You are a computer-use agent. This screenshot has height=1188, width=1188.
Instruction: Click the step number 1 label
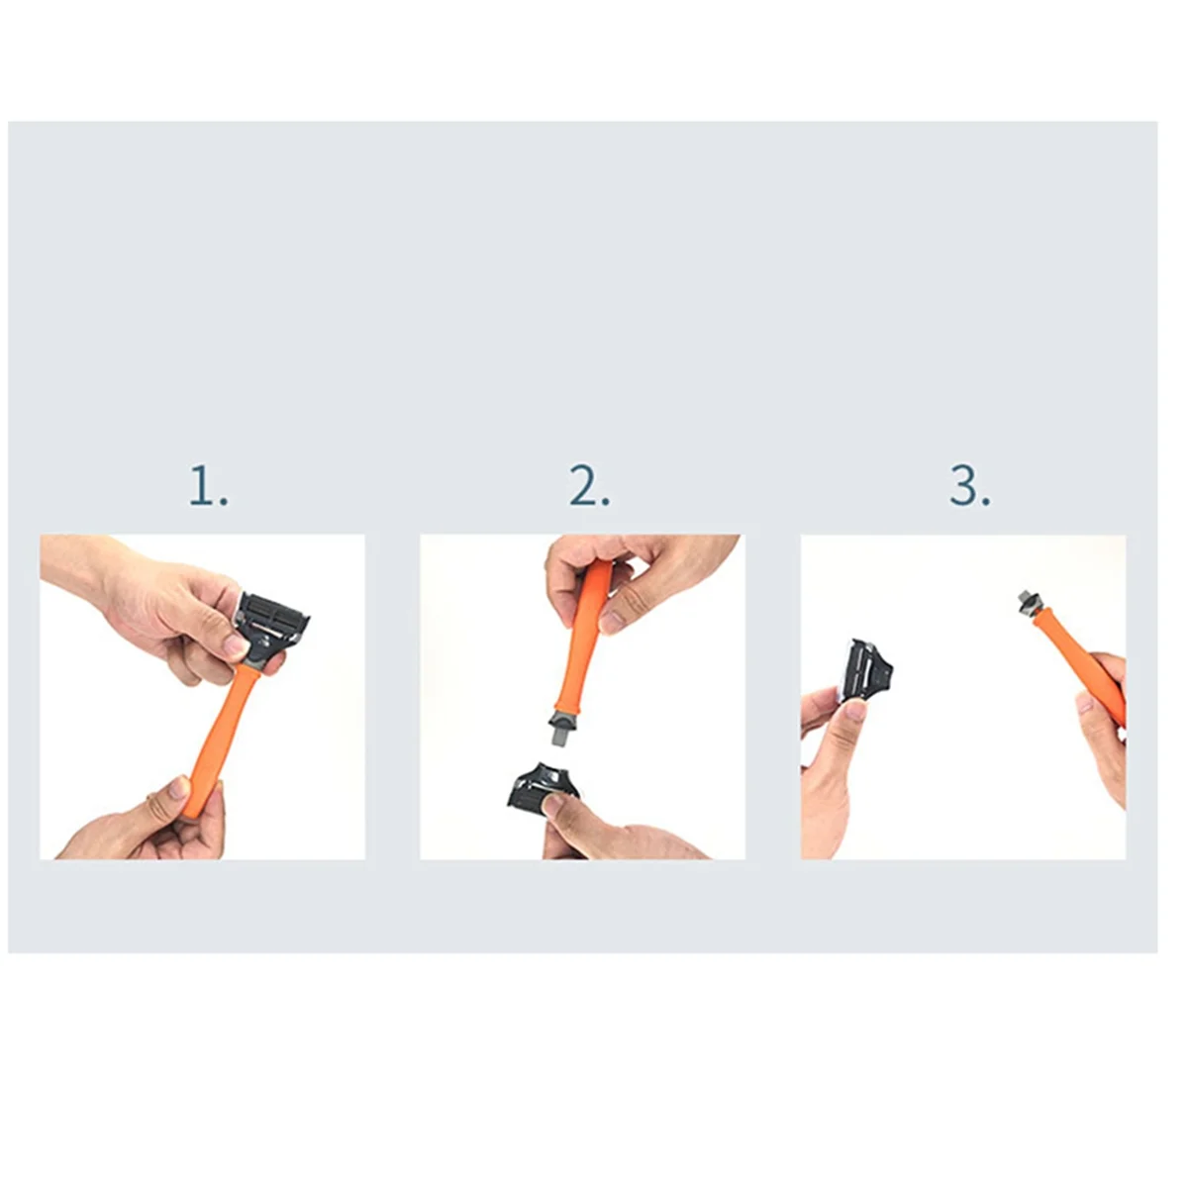pos(208,486)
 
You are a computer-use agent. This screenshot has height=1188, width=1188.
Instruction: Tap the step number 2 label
pos(589,486)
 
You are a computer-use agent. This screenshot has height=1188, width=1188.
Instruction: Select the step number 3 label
pos(969,486)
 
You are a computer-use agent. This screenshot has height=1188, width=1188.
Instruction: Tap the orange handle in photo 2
pos(579,643)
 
